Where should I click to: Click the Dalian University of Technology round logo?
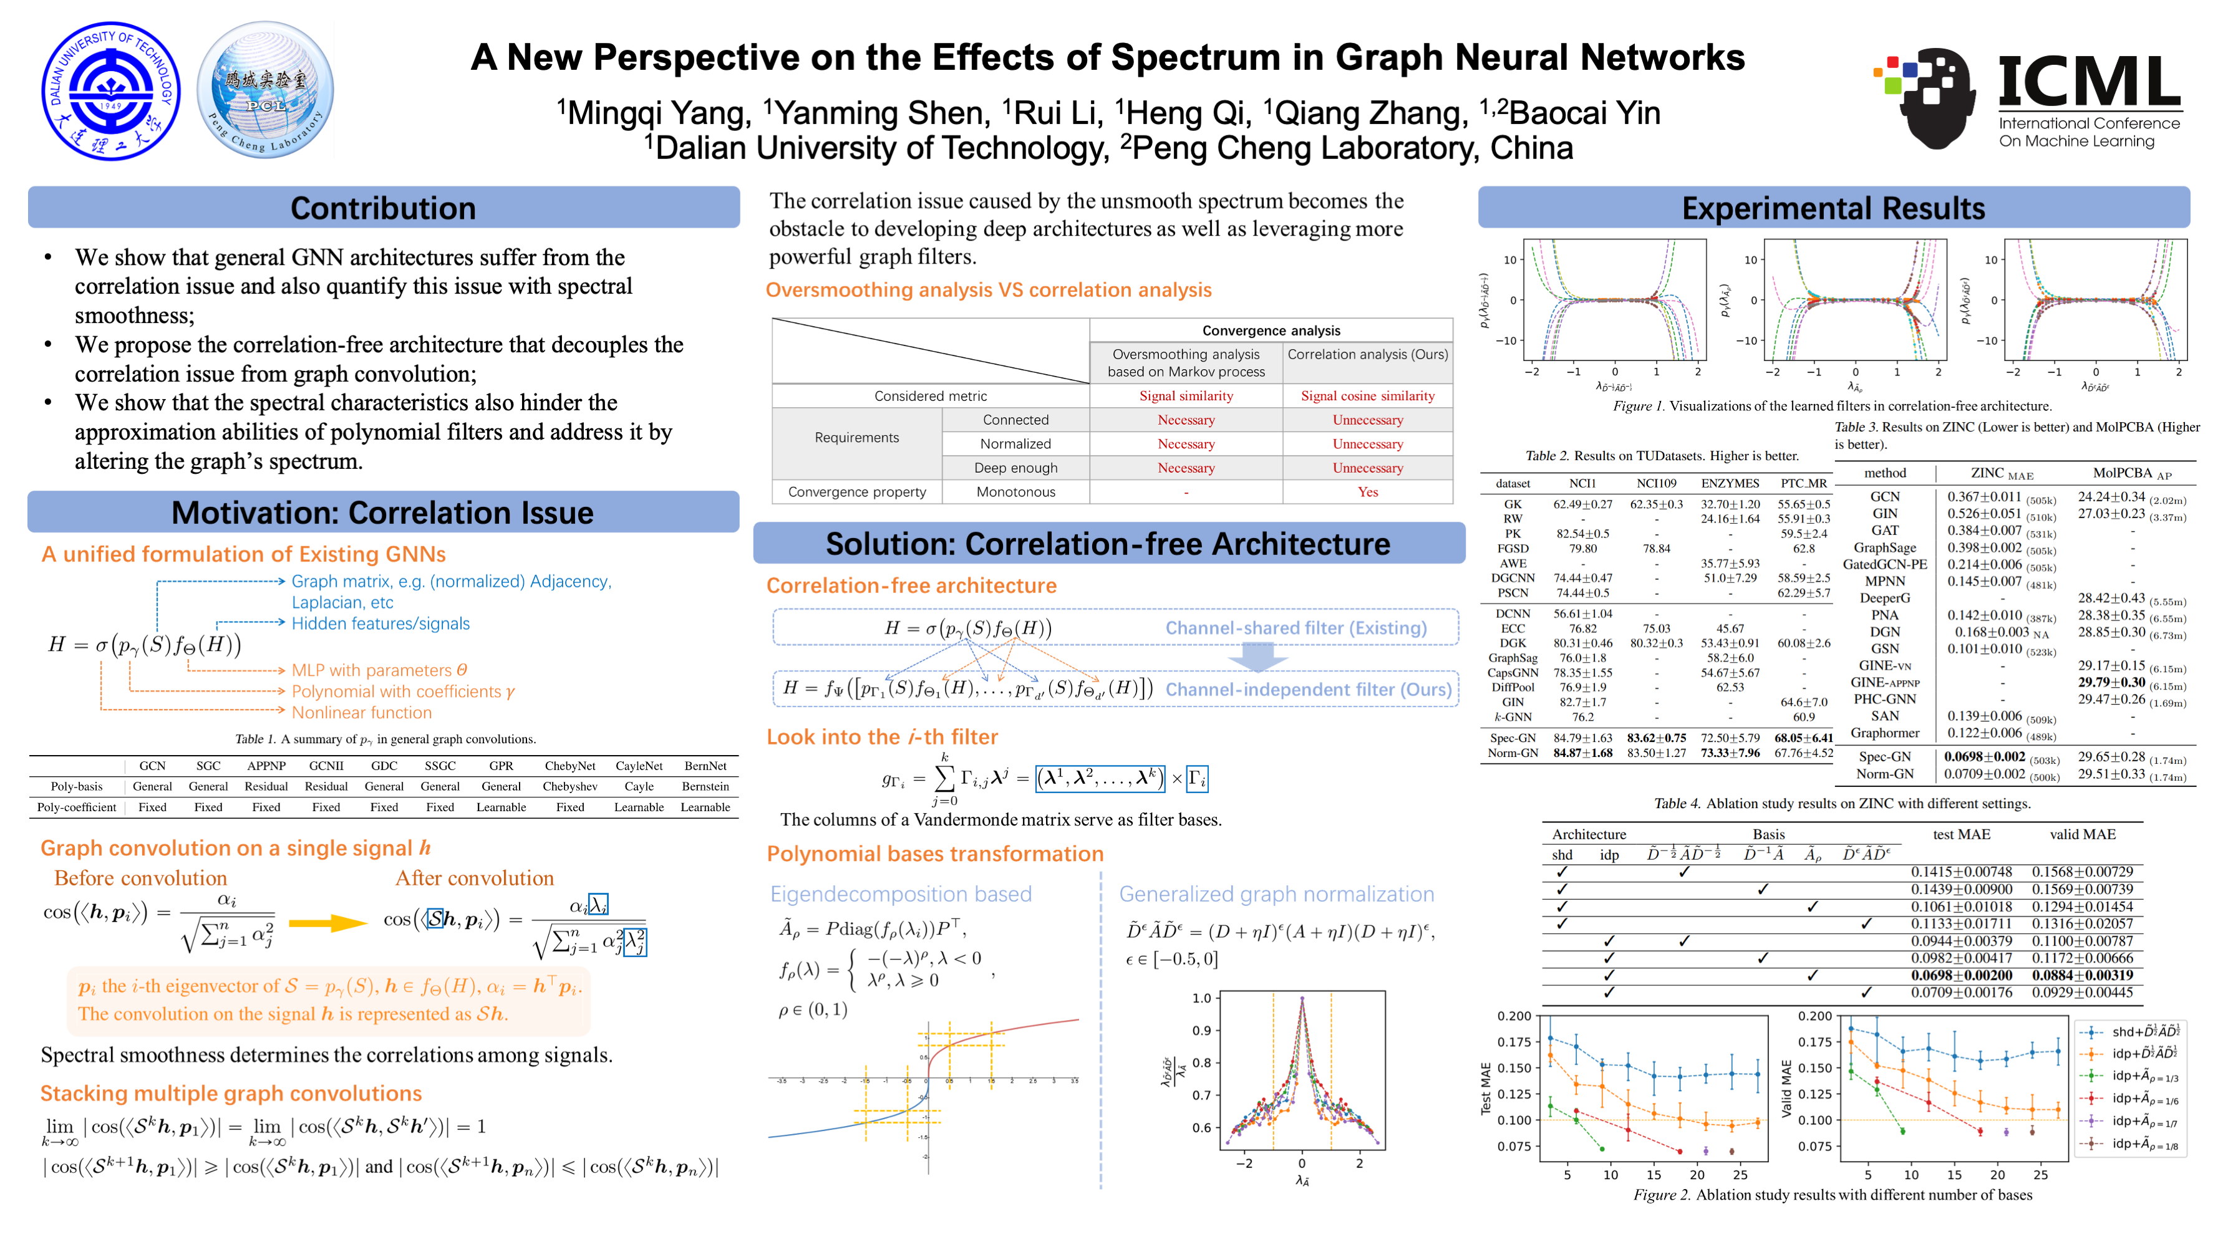[x=111, y=91]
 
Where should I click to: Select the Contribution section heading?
[x=383, y=208]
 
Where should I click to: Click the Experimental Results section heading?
[x=1833, y=208]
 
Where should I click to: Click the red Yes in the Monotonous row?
[x=1367, y=493]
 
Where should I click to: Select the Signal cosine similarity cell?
[x=1367, y=396]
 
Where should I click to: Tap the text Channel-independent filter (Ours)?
[x=1308, y=690]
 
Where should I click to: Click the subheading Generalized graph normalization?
[x=1276, y=894]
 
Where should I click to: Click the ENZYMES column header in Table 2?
[x=1730, y=484]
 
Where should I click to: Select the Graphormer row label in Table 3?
[x=1885, y=733]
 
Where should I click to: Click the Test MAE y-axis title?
[x=1485, y=1089]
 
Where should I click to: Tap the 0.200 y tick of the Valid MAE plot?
[x=1815, y=1016]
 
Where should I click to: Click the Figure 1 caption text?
[x=1831, y=406]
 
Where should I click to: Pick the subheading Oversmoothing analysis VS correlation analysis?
[x=989, y=290]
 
